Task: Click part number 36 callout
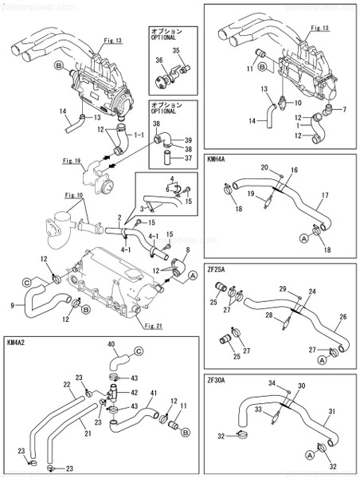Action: click(x=158, y=61)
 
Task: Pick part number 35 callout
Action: click(x=178, y=51)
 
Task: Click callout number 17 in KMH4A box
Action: click(x=324, y=194)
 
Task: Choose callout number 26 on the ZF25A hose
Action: click(x=342, y=316)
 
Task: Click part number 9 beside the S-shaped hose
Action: click(x=13, y=305)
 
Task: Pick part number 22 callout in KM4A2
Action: click(x=67, y=384)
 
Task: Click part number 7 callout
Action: click(x=344, y=109)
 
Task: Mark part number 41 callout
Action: click(x=152, y=393)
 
